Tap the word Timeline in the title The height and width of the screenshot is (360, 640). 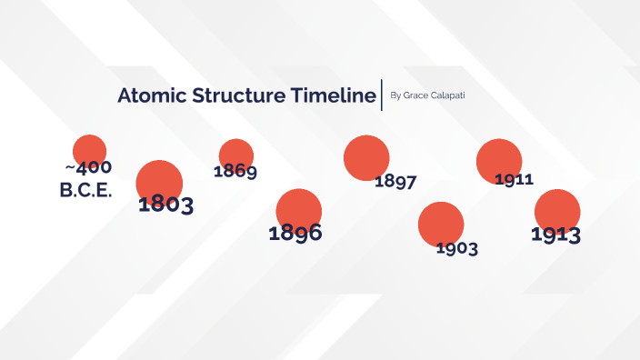332,96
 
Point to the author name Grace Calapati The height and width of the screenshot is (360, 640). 434,95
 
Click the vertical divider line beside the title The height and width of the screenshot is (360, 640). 383,95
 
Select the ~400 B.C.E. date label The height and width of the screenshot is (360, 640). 86,180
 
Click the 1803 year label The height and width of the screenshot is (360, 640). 165,205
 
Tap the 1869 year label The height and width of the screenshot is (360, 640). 235,171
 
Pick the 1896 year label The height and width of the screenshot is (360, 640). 295,233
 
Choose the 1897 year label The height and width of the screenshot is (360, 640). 395,181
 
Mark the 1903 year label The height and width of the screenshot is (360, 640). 456,248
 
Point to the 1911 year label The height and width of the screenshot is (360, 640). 514,179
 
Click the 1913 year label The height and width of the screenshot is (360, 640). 556,235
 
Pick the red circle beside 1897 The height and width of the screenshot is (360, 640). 366,157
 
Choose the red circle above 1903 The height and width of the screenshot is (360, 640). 441,223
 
